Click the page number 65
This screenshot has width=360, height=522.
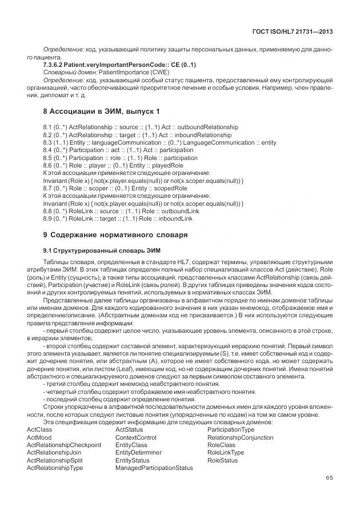click(x=329, y=478)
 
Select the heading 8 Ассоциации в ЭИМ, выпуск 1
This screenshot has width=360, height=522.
click(x=102, y=110)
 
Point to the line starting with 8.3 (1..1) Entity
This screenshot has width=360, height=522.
click(x=159, y=142)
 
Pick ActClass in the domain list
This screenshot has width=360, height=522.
click(x=39, y=429)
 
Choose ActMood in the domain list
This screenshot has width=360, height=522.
click(x=39, y=437)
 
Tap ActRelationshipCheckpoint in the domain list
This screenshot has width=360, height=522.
click(x=63, y=445)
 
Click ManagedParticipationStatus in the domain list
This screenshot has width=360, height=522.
click(x=154, y=468)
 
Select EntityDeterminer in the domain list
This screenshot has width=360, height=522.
click(x=138, y=452)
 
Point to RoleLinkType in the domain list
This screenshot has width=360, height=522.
click(x=226, y=452)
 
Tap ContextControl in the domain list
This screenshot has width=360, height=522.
click(x=135, y=437)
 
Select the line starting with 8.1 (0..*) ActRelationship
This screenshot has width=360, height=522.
click(x=141, y=126)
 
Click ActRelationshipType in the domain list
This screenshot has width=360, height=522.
click(x=55, y=468)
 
